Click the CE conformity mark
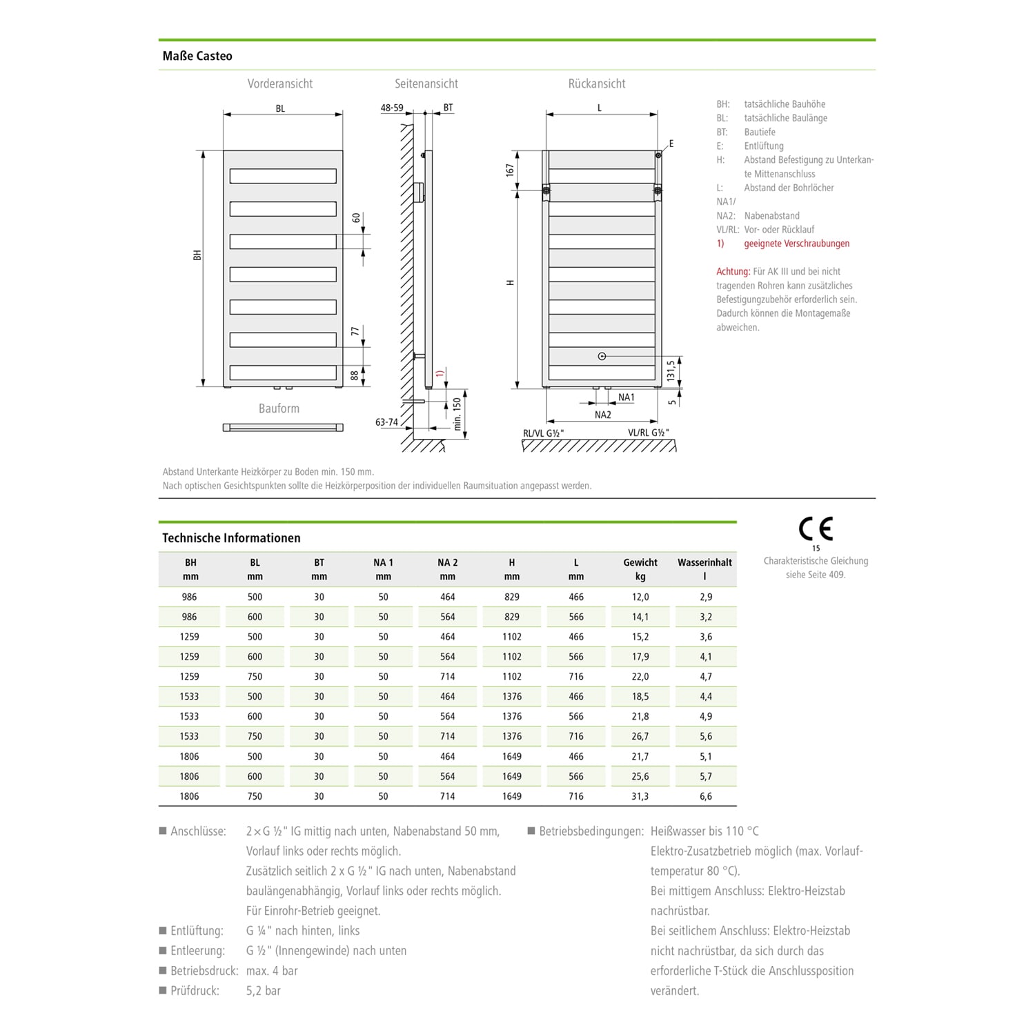click(816, 529)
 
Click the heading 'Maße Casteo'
click(197, 56)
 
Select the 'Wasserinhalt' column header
click(704, 562)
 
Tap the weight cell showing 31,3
click(640, 796)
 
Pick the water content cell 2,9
click(705, 597)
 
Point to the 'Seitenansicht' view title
click(426, 83)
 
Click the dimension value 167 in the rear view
click(510, 170)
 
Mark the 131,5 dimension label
click(670, 371)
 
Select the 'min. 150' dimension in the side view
click(457, 414)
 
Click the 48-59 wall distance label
click(392, 108)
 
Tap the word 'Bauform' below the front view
click(279, 408)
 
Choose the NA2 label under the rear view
click(602, 415)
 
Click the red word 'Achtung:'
click(733, 271)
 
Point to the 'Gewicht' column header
click(640, 562)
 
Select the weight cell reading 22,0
click(640, 677)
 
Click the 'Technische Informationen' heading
click(231, 538)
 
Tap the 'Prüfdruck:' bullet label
click(195, 991)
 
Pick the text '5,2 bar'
click(263, 991)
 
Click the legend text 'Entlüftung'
click(763, 146)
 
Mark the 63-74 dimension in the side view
click(386, 422)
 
